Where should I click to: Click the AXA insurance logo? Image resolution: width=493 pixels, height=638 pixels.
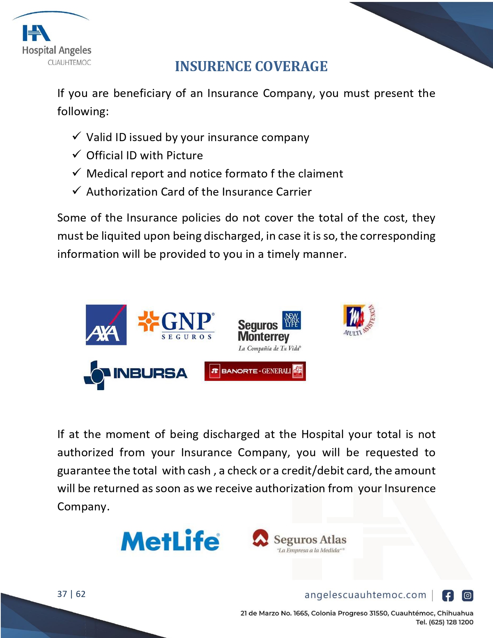pos(106,325)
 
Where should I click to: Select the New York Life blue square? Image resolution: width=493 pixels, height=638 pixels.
pos(292,320)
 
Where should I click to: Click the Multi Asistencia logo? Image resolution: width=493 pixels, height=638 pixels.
pos(359,320)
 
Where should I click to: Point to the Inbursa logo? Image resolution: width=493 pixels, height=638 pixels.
pos(135,374)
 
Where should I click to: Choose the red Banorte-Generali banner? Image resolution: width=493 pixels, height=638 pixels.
pos(255,371)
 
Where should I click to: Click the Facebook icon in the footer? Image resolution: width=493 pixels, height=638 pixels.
pos(448,596)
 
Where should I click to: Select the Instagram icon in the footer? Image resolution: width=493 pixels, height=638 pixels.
pos(467,596)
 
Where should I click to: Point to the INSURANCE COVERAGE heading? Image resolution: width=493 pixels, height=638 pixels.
pos(251,67)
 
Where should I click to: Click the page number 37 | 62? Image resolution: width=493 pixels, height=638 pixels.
pos(72,594)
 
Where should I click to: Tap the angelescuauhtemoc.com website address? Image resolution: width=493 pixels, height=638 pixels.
pos(365,595)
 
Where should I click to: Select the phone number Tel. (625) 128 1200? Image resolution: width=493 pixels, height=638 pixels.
pos(444,622)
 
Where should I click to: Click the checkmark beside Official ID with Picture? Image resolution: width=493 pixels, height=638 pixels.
pos(77,154)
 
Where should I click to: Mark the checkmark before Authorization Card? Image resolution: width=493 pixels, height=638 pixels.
pos(77,191)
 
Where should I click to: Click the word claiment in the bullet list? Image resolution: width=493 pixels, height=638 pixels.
pos(321,174)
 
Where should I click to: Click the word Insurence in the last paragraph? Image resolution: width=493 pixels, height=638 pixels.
pos(410,488)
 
